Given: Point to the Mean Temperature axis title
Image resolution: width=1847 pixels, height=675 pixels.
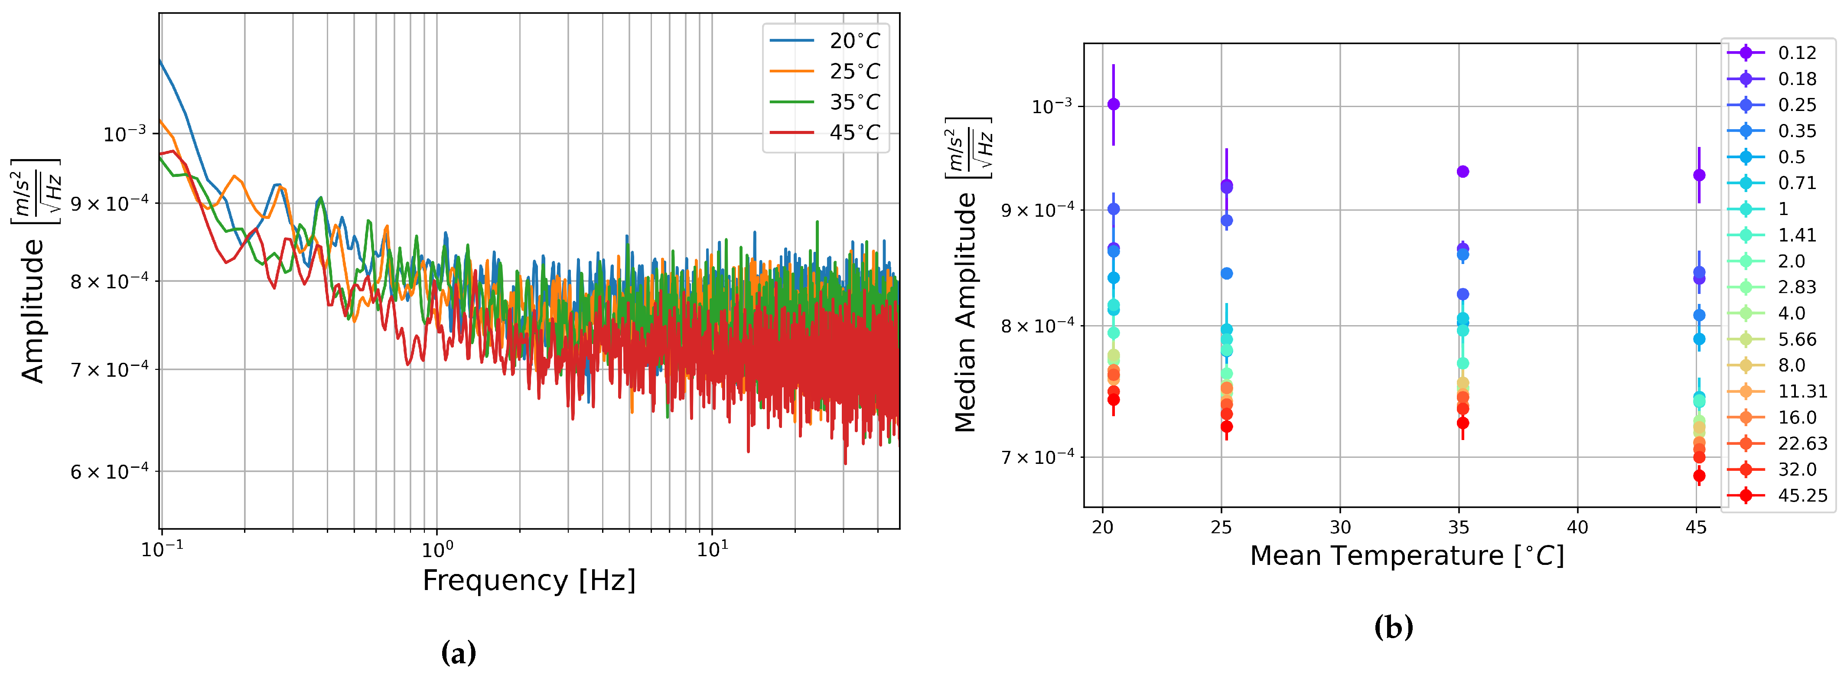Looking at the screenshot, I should click(x=1407, y=556).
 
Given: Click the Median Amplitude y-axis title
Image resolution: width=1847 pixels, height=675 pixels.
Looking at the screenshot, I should click(x=966, y=312).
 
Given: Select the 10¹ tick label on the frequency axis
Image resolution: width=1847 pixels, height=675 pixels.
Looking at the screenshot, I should click(x=712, y=549).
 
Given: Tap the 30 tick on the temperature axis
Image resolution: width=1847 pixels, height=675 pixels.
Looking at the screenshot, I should click(x=1340, y=527).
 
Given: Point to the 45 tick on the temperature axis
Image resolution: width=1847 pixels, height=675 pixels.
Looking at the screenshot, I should click(x=1696, y=527).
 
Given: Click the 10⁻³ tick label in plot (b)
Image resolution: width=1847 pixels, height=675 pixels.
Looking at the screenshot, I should click(x=1052, y=106).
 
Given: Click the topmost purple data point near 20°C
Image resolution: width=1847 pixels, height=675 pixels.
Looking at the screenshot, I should click(x=1114, y=104).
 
